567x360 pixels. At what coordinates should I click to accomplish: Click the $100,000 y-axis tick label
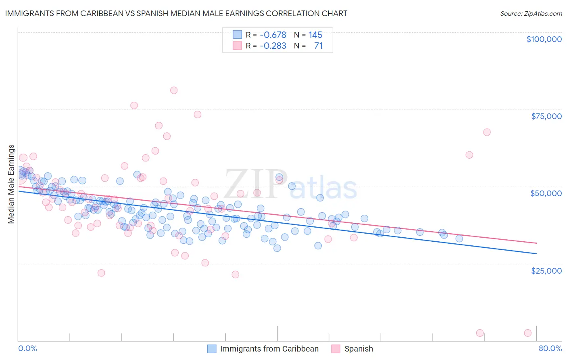(x=544, y=39)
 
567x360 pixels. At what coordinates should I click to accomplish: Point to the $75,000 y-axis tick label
(x=546, y=116)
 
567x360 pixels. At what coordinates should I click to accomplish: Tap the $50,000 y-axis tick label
(x=546, y=193)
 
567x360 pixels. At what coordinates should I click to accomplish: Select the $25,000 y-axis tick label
(x=546, y=270)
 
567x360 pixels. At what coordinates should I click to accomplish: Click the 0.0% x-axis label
(x=27, y=348)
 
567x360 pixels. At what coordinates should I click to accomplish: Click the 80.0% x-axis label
(x=550, y=348)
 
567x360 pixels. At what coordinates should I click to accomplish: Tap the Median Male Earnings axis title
(x=11, y=184)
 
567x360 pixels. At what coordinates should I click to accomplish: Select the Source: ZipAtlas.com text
(x=531, y=13)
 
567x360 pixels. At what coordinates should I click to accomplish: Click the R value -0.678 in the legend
(x=273, y=35)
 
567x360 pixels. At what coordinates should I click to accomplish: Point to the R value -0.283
(x=273, y=46)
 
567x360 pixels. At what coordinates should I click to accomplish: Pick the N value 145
(x=315, y=35)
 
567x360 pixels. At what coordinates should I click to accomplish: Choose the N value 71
(x=318, y=46)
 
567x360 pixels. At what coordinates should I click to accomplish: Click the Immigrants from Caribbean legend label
(x=269, y=349)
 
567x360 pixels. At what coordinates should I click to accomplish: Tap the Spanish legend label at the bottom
(x=359, y=349)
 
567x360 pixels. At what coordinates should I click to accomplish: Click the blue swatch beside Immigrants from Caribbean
(x=212, y=349)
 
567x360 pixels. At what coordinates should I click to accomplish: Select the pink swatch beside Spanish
(x=336, y=349)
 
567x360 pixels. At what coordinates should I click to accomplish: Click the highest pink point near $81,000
(x=174, y=90)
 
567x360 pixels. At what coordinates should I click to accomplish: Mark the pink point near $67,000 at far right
(x=487, y=132)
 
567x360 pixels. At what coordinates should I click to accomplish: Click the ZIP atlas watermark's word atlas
(x=323, y=188)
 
